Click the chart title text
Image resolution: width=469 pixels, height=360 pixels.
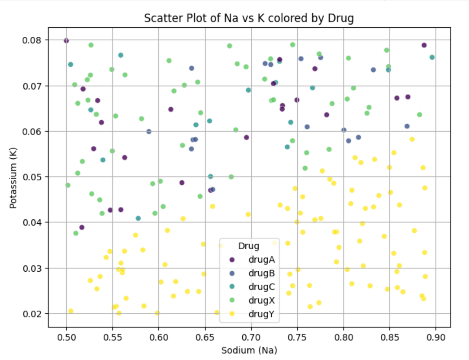[249, 18]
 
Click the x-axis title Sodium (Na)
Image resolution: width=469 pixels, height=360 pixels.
[249, 350]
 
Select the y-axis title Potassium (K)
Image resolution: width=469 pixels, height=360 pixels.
[13, 177]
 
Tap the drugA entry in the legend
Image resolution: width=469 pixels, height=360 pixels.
[259, 260]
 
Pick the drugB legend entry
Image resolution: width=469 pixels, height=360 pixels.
[259, 273]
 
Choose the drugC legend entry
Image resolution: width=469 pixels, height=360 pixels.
[259, 286]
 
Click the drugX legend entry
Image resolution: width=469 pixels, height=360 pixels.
[259, 300]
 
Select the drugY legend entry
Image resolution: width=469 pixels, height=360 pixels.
[259, 313]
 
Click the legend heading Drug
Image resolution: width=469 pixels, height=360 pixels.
[249, 246]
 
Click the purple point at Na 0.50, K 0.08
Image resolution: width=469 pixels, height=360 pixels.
[66, 41]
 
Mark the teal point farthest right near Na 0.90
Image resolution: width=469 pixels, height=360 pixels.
[432, 57]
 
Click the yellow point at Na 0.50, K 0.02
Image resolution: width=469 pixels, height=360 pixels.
[71, 311]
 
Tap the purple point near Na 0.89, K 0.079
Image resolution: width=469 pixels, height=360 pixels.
[424, 45]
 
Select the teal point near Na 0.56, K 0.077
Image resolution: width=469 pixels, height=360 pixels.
[121, 55]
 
